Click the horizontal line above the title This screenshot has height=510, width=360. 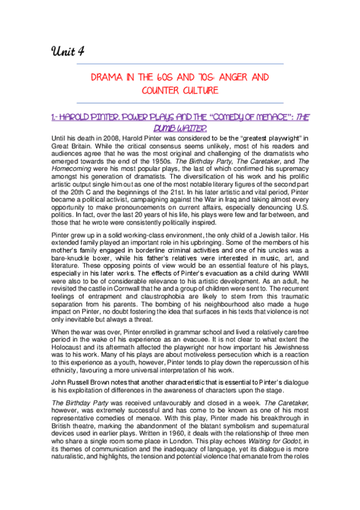(x=180, y=63)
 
